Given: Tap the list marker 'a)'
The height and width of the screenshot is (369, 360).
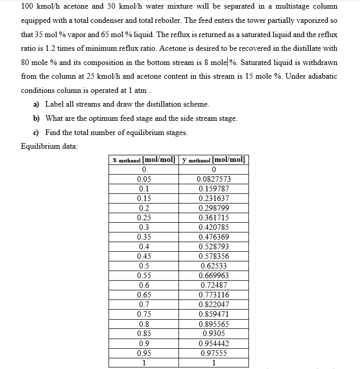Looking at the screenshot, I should (37, 104).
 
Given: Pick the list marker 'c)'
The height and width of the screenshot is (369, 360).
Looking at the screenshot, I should (37, 132).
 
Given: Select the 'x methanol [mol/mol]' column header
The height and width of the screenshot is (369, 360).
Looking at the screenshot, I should (143, 159).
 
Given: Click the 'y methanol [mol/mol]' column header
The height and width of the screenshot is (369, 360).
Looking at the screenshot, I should (213, 159).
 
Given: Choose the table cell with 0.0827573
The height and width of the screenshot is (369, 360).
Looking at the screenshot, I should (213, 179).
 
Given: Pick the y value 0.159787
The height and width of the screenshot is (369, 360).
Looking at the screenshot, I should (213, 188).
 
